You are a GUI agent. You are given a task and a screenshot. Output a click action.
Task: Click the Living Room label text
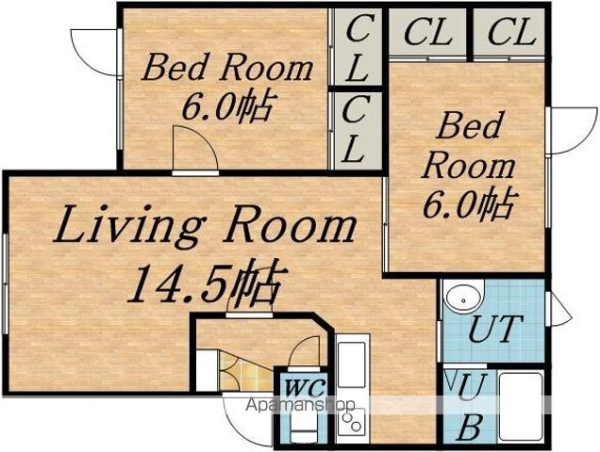pos(205,225)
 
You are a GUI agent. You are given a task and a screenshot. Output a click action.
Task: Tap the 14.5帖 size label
pos(207,282)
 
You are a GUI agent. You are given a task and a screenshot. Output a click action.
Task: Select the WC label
pos(306,388)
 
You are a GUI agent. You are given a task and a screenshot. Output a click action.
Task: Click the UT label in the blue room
pos(495,329)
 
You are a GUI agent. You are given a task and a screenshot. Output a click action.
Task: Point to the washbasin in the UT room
pos(463,299)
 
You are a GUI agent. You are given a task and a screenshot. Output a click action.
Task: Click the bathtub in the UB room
pos(521,406)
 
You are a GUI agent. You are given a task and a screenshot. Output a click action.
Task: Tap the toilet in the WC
pos(304,424)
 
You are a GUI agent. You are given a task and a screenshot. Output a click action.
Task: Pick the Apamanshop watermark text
pos(300,405)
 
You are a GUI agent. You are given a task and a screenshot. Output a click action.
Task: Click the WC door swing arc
pos(304,349)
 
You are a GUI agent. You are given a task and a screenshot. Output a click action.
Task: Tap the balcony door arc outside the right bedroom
pos(573,130)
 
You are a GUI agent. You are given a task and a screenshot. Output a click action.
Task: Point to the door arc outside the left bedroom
pos(93,52)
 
